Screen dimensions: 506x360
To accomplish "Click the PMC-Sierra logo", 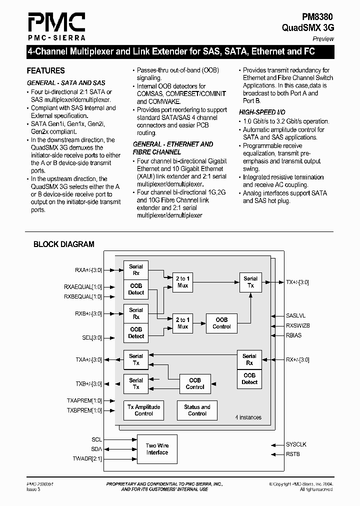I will coord(55,26).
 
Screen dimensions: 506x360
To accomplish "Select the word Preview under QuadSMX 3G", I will coord(323,39).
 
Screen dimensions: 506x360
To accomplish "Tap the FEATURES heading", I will coord(45,71).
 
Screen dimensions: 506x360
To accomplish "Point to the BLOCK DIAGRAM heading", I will coord(63,244).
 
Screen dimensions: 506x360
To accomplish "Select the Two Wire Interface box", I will coord(157,449).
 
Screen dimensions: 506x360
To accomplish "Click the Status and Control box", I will coord(197,410).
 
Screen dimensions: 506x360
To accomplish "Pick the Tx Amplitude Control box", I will coord(143,410).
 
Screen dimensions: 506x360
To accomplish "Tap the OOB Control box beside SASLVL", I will coord(221,323).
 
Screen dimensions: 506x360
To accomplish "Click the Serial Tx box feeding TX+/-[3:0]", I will coord(250,282).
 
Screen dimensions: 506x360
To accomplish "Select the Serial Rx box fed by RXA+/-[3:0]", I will coord(136,270).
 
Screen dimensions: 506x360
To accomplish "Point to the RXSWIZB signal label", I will coord(298,325).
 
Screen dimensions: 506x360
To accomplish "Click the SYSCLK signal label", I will coord(296,444).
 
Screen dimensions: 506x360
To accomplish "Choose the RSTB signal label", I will coord(292,454).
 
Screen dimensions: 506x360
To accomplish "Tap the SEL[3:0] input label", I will coord(92,338).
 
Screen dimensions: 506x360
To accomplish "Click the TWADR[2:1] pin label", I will coord(87,458).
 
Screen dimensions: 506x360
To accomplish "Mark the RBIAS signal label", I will coord(294,335).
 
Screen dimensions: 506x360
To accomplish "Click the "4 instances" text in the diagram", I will coord(248,417).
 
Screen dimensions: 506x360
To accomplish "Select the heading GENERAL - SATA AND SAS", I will coord(65,82).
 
